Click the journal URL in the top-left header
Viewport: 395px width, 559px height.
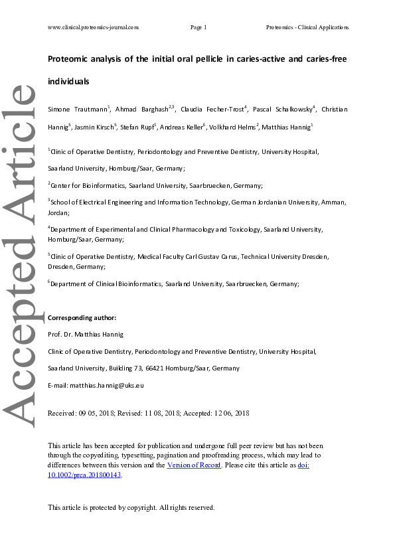pos(94,27)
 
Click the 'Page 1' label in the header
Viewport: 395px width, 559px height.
pos(198,27)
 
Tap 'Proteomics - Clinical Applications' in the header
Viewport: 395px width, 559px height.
pos(307,27)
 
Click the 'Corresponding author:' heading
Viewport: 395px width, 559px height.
pos(82,318)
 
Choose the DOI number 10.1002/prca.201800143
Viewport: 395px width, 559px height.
pos(84,475)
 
